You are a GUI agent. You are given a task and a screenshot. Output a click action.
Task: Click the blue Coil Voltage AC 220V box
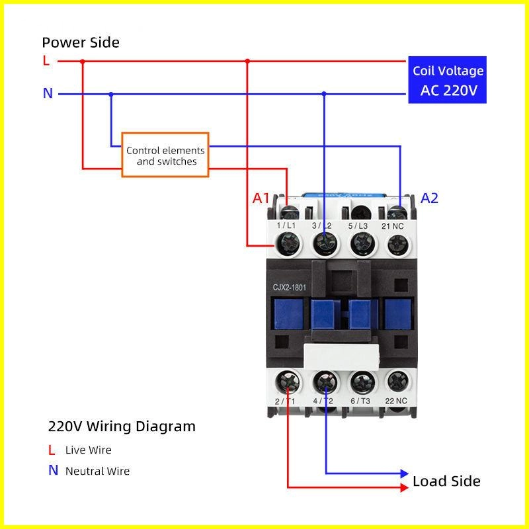click(448, 80)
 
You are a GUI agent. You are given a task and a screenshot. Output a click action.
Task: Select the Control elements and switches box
click(165, 156)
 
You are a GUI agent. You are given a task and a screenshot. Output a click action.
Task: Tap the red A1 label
click(261, 198)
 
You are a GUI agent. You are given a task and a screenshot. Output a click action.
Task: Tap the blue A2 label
click(430, 198)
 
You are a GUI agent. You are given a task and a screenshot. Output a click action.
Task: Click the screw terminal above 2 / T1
click(288, 382)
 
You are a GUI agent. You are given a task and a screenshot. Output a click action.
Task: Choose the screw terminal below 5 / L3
click(359, 245)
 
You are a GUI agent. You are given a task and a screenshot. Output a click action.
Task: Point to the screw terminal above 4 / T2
click(325, 382)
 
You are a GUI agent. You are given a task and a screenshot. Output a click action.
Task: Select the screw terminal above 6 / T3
click(360, 382)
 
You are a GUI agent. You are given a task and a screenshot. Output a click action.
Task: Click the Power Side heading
click(81, 43)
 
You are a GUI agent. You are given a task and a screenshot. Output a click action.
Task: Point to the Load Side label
click(446, 481)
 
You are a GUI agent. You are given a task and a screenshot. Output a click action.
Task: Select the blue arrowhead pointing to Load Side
click(405, 473)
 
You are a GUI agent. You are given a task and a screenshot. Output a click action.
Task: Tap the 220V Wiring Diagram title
click(122, 427)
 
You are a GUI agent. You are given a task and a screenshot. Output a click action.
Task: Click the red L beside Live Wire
click(52, 450)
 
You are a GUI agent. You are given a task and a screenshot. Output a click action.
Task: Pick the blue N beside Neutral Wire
click(53, 471)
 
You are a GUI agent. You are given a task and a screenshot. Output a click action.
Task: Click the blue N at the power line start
click(48, 93)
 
